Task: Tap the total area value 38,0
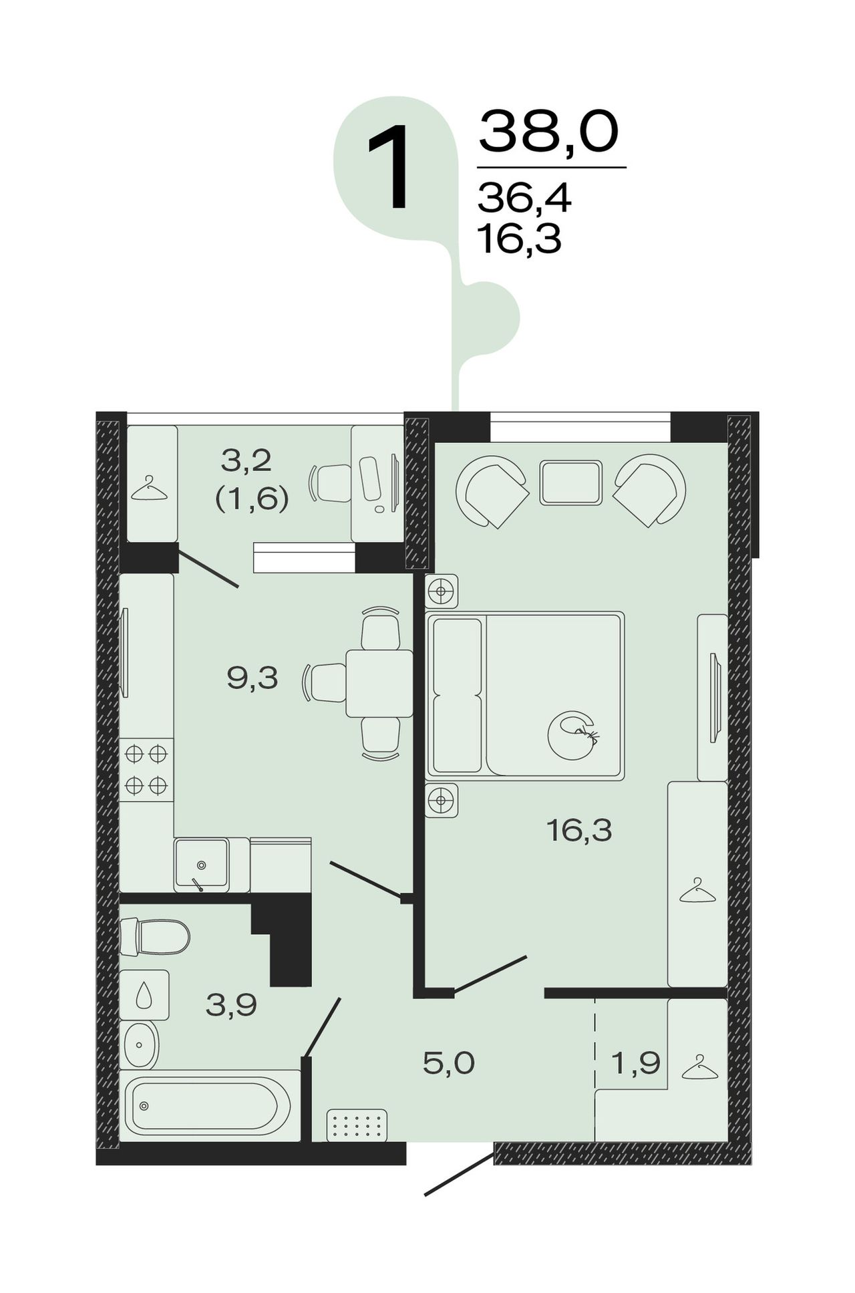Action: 548,132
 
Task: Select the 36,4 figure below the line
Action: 524,198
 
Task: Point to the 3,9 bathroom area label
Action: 231,1004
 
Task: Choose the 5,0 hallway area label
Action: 449,1062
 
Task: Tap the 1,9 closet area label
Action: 636,1062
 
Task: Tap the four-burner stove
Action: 146,770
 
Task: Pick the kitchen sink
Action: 202,865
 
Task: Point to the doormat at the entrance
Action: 357,1125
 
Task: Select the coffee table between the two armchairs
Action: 571,482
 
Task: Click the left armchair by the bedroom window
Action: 492,490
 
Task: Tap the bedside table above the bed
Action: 442,591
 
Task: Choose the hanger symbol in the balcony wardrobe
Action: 149,488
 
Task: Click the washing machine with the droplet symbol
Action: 144,995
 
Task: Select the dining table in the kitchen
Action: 379,683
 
